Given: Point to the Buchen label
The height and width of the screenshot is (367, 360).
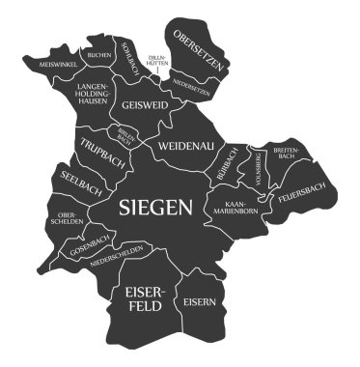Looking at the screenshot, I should (98, 55).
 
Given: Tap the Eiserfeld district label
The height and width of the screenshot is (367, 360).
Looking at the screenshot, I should (140, 296).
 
